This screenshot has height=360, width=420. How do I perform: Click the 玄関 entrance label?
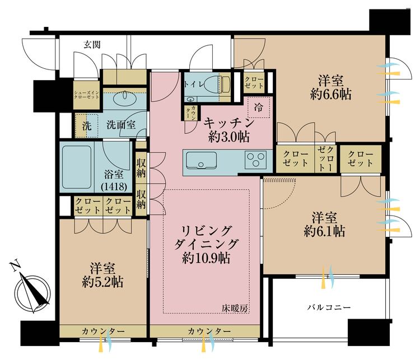pyautogui.click(x=92, y=45)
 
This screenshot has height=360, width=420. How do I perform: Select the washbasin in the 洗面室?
pyautogui.click(x=125, y=98)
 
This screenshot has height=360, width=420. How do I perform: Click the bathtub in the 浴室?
pyautogui.click(x=77, y=167)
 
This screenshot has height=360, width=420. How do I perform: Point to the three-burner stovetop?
pyautogui.click(x=256, y=159)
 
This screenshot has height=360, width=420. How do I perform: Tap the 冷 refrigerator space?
pyautogui.click(x=259, y=107)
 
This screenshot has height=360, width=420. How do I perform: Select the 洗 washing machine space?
pyautogui.click(x=86, y=125)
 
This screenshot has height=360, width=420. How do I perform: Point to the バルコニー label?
pyautogui.click(x=329, y=307)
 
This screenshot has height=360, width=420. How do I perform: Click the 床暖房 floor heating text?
pyautogui.click(x=234, y=309)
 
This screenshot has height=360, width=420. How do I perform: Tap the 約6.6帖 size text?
pyautogui.click(x=331, y=95)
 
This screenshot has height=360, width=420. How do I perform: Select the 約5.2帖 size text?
pyautogui.click(x=102, y=282)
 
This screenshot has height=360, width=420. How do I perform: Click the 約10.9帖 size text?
pyautogui.click(x=206, y=258)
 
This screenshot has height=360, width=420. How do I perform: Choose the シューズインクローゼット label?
pyautogui.click(x=86, y=95)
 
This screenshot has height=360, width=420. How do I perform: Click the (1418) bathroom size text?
pyautogui.click(x=114, y=186)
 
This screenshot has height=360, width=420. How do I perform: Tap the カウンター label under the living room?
pyautogui.click(x=209, y=331)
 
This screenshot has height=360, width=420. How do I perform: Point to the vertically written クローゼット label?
pyautogui.click(x=326, y=159)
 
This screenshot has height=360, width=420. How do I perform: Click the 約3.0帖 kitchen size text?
pyautogui.click(x=229, y=137)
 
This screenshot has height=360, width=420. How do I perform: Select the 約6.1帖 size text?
pyautogui.click(x=324, y=231)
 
